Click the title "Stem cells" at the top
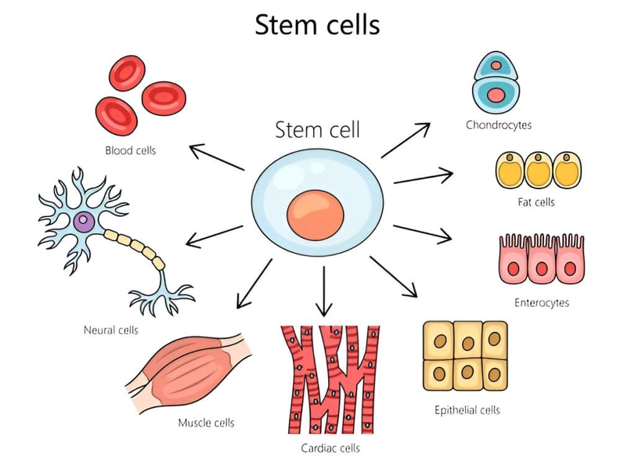[x=317, y=26]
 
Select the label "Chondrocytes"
[x=499, y=125]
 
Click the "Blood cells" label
[x=130, y=150]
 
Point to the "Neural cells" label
[x=111, y=330]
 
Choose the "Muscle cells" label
[x=206, y=423]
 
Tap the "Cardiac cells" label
[x=331, y=447]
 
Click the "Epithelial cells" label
[x=467, y=410]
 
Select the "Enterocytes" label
[x=541, y=302]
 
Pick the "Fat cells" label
[x=536, y=202]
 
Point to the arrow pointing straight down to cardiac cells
[x=324, y=291]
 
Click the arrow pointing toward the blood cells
[x=216, y=157]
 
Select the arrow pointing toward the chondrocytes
[x=406, y=140]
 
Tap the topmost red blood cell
[x=127, y=73]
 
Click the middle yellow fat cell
[x=536, y=170]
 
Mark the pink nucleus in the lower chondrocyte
[x=496, y=95]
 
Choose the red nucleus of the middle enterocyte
[x=541, y=270]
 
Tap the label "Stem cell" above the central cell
[x=317, y=130]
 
